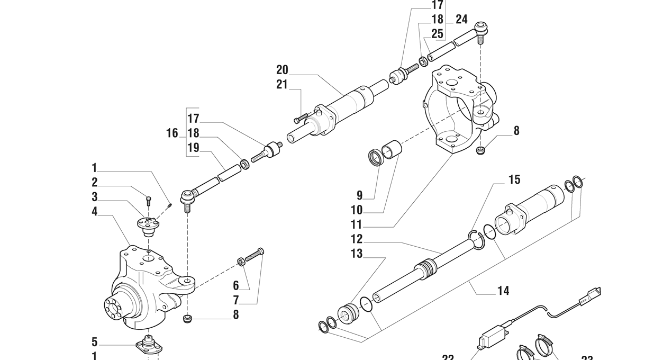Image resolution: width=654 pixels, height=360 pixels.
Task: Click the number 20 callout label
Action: pos(282,70)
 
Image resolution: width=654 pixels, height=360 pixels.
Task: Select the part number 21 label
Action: pos(282,84)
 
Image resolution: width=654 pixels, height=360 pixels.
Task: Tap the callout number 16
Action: pos(172,133)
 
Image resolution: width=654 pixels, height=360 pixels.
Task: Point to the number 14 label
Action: pos(503,290)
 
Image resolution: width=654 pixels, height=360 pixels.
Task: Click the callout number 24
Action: pos(461,20)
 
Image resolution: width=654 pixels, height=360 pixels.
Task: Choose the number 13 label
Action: pos(357,254)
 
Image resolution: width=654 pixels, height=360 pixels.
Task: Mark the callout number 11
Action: pos(357,224)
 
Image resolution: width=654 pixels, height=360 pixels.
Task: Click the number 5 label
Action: pos(94,342)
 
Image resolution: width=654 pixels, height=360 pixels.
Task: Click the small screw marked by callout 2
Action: pos(148,201)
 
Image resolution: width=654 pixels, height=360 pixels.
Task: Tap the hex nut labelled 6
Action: pos(241,260)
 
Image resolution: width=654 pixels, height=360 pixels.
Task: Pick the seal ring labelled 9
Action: pos(376,157)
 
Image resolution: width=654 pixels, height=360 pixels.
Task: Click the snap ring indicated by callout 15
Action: pos(476,239)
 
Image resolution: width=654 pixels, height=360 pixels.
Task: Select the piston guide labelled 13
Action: pos(349,313)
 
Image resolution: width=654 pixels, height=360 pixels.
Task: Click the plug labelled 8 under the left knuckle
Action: pos(186,319)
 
